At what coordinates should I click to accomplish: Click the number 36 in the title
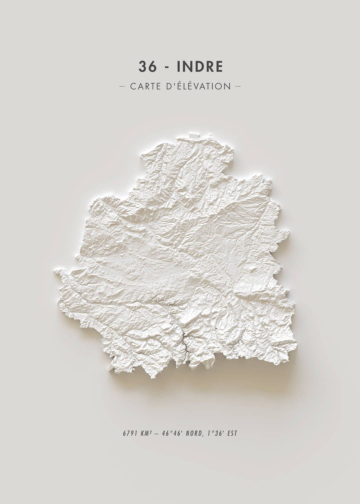coord(147,67)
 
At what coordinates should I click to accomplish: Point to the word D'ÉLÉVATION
coord(197,86)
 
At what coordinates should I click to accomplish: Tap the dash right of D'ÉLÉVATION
coord(238,87)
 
